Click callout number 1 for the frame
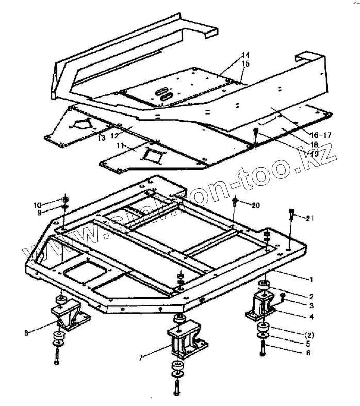click(x=311, y=279)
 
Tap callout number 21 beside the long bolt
click(x=309, y=218)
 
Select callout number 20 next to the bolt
click(x=256, y=205)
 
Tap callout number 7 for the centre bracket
click(x=141, y=356)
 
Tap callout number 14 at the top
click(x=245, y=55)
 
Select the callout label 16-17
click(x=320, y=135)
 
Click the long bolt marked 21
click(x=292, y=219)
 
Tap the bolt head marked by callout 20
click(x=236, y=201)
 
